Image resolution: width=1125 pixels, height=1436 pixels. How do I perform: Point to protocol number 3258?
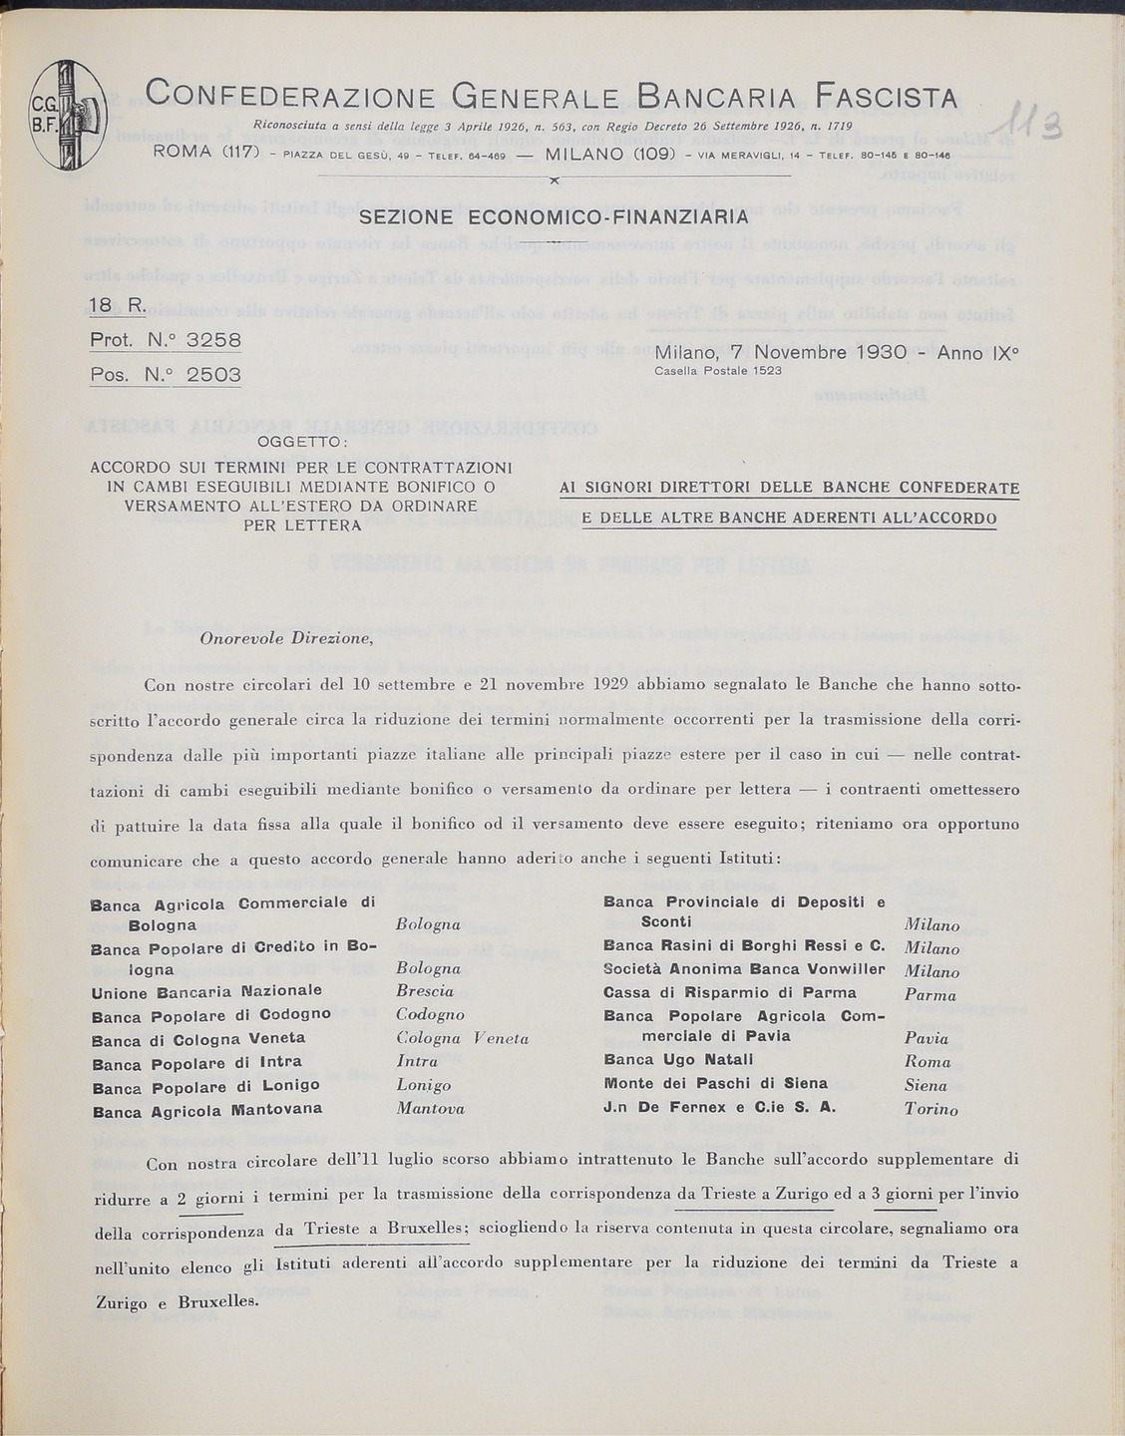click(214, 339)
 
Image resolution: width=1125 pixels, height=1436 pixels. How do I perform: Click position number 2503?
click(214, 376)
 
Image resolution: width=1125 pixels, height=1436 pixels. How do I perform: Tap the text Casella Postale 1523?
click(717, 371)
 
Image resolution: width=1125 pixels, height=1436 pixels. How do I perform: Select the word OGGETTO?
click(300, 442)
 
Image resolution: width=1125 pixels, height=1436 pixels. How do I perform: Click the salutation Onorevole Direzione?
click(286, 639)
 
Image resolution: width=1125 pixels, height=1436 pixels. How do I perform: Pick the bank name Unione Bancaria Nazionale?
click(206, 991)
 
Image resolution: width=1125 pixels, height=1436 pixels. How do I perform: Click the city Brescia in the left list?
click(425, 991)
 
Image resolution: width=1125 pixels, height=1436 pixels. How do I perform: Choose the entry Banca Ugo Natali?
click(665, 1060)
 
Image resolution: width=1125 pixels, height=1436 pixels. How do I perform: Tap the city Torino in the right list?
click(931, 1109)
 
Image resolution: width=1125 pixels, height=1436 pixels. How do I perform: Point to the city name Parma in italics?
click(930, 994)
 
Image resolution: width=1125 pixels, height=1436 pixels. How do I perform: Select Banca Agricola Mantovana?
click(206, 1109)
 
